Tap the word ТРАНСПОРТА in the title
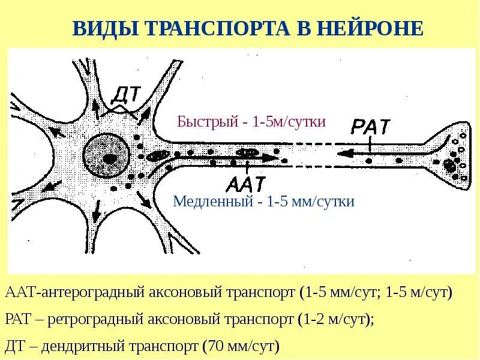[x=228, y=28]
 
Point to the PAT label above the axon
[x=371, y=127]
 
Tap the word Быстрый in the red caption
[x=205, y=122]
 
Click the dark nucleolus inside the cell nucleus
[x=110, y=158]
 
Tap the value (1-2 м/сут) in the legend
[x=335, y=320]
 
